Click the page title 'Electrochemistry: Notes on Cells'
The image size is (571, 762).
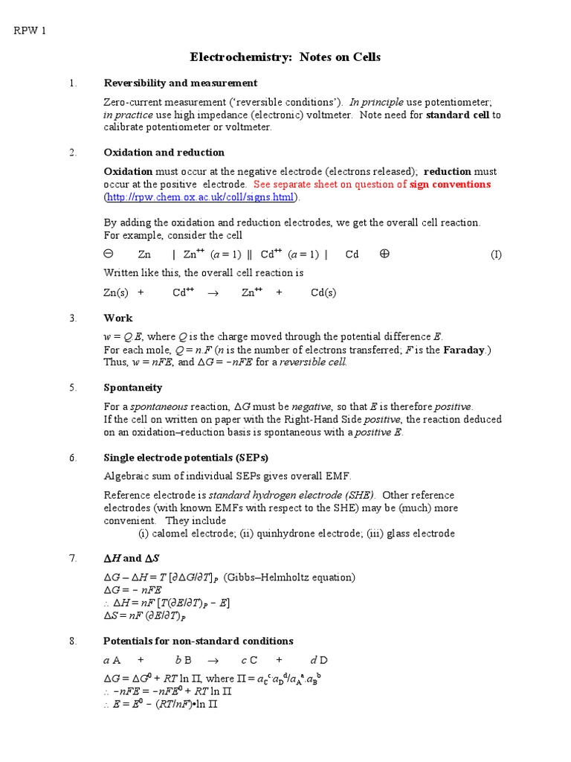tap(285, 57)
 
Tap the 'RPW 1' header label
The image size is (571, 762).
tap(30, 31)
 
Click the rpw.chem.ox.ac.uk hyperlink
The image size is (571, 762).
tap(200, 197)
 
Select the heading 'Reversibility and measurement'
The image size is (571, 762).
tap(181, 83)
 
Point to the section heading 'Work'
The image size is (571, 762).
tap(117, 318)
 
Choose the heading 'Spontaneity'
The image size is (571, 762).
tap(132, 388)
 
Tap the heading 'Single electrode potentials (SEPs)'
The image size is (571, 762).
tap(185, 458)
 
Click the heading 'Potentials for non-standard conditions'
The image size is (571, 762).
tap(198, 641)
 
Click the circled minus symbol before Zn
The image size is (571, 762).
tap(108, 254)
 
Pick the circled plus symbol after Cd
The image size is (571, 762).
tap(384, 254)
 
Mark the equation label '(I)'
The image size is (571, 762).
tap(496, 254)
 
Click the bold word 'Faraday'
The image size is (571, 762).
tap(463, 350)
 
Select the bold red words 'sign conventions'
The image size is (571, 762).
tap(450, 184)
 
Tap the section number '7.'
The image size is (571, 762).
tap(73, 558)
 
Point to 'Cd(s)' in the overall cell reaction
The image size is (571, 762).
tap(323, 292)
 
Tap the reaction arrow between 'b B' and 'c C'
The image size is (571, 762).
tap(213, 660)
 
